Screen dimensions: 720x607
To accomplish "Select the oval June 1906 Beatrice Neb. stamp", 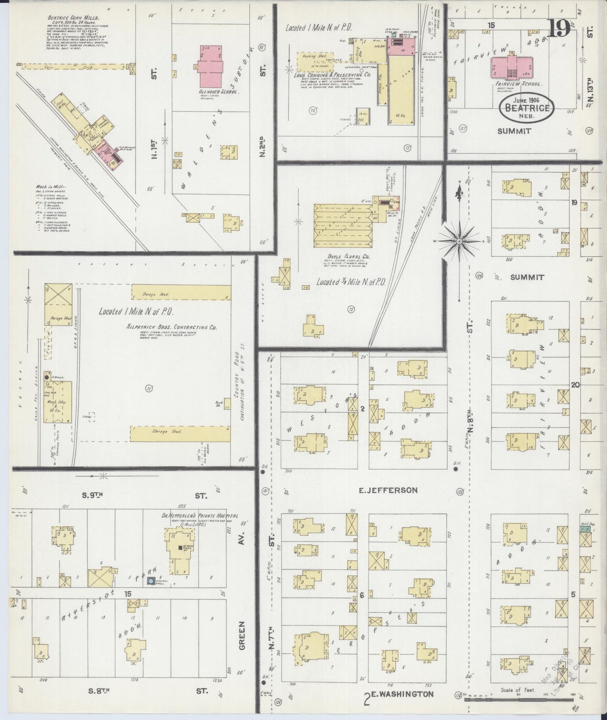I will pyautogui.click(x=527, y=108).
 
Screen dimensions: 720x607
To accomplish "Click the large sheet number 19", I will pyautogui.click(x=559, y=28).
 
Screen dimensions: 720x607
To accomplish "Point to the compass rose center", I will pyautogui.click(x=459, y=241).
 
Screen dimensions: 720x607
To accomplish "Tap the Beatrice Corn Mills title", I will pyautogui.click(x=79, y=18).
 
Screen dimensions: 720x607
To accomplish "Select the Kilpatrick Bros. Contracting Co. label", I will pyautogui.click(x=171, y=327).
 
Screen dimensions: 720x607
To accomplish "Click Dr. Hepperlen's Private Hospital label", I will pyautogui.click(x=200, y=516).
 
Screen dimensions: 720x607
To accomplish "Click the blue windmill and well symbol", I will pyautogui.click(x=150, y=581).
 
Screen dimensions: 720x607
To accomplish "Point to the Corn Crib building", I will pyautogui.click(x=76, y=66).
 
